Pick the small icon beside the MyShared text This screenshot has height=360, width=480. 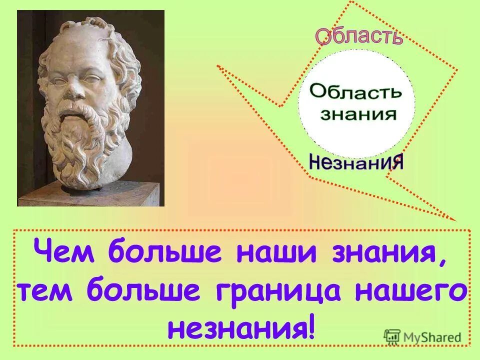392,336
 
